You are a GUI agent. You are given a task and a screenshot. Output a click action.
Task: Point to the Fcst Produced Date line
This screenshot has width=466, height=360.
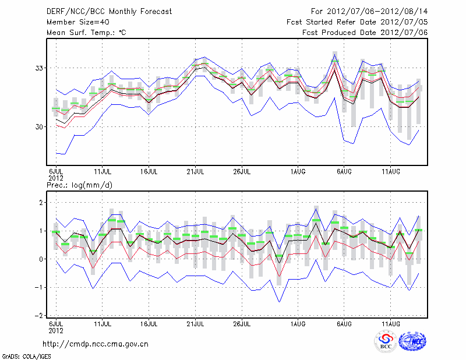pos(365,33)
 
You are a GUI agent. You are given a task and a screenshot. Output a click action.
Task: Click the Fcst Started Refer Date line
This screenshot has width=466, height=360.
pos(358,22)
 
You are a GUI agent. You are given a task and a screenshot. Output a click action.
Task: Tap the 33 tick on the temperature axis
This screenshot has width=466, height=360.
pos(40,68)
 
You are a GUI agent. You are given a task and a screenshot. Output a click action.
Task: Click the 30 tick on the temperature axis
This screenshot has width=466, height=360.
pos(40,127)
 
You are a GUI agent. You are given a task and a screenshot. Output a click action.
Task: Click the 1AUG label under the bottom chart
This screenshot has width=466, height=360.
pos(298,323)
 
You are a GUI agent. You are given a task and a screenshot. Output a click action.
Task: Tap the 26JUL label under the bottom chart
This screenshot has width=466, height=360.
pos(242,323)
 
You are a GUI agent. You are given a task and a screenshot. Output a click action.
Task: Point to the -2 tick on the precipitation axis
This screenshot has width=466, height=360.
pos(40,316)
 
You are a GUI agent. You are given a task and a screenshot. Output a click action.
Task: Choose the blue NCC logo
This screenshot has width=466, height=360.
pos(412,342)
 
